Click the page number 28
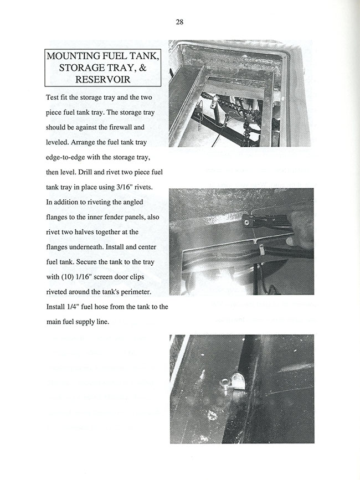point(179,22)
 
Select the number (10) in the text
point(69,276)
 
